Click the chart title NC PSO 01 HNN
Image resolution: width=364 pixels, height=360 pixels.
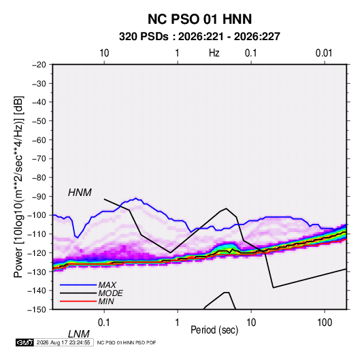tap(199, 19)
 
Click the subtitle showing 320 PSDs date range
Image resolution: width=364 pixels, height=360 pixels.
tap(199, 37)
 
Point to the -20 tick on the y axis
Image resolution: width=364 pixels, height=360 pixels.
tap(39, 65)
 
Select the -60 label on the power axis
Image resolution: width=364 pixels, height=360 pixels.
tap(39, 140)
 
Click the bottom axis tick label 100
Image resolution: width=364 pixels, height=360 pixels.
tap(325, 323)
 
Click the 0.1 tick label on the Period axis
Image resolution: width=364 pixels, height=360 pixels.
tap(104, 323)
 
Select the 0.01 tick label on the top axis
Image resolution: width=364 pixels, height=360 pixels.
tap(324, 53)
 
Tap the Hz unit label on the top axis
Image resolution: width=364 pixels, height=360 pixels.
tap(214, 53)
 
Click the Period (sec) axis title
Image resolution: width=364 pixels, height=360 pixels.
tap(214, 330)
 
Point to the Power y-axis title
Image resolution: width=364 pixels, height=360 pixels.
tap(18, 187)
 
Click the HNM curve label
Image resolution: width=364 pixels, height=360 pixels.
tap(80, 193)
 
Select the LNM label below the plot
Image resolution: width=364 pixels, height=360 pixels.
tap(78, 334)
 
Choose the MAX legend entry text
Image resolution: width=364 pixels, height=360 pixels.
tap(107, 285)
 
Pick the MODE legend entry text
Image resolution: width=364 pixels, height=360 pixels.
tap(110, 293)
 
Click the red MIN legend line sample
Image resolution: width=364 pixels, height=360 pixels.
tap(78, 301)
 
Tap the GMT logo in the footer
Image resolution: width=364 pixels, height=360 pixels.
tap(25, 342)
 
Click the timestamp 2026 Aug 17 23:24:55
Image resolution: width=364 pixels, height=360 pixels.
tap(63, 342)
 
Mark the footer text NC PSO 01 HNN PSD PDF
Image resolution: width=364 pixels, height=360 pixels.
tap(127, 342)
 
